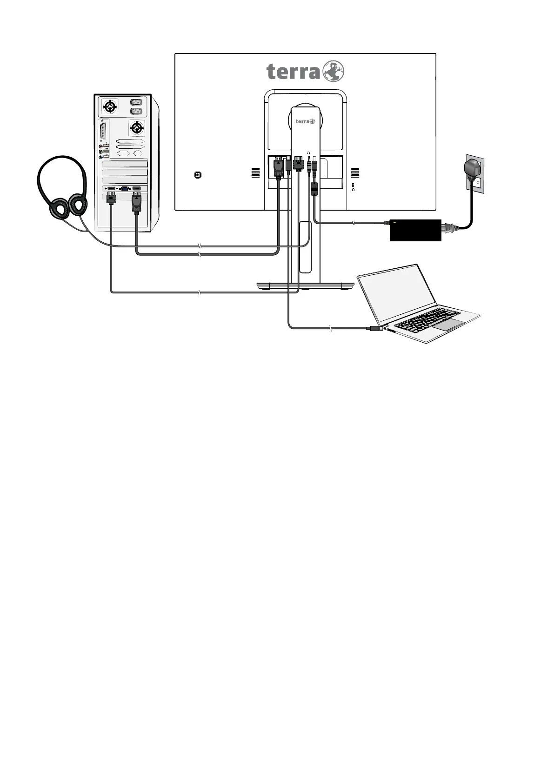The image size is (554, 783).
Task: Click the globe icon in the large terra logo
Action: click(x=334, y=72)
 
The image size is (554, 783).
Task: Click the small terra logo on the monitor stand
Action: click(x=305, y=122)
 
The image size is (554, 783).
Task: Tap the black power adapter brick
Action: click(x=415, y=230)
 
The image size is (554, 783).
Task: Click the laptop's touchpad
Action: click(x=450, y=325)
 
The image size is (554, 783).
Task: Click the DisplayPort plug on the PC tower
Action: click(x=137, y=204)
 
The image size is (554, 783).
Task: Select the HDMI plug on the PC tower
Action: click(x=111, y=198)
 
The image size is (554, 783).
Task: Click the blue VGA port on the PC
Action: click(x=124, y=188)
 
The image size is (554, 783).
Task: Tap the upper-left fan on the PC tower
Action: click(x=110, y=106)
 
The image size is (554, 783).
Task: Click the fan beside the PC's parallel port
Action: click(x=136, y=127)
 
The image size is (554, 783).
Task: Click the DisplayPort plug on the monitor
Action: click(x=278, y=168)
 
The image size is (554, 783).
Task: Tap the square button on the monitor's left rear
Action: click(x=198, y=175)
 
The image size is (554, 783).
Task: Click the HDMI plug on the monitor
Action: click(x=298, y=166)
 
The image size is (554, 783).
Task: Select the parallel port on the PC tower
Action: click(x=103, y=130)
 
